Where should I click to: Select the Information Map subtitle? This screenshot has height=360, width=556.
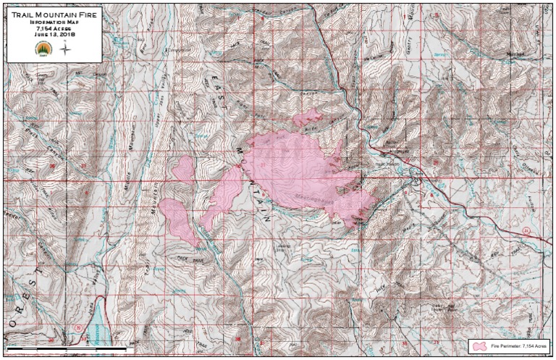pos(51,22)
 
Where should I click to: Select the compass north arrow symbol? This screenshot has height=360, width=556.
pos(65,49)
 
